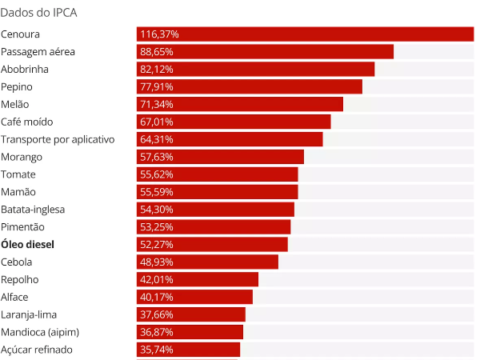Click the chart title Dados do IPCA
click(38, 13)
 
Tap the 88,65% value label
click(157, 51)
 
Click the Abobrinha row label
click(25, 69)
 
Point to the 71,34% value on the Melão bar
click(157, 104)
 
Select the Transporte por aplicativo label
click(58, 139)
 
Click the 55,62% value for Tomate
click(157, 174)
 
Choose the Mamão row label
click(18, 192)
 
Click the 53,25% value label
click(157, 227)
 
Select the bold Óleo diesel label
click(27, 245)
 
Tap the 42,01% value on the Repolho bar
click(157, 279)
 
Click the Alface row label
click(14, 297)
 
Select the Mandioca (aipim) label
click(40, 332)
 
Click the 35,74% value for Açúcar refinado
click(157, 350)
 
